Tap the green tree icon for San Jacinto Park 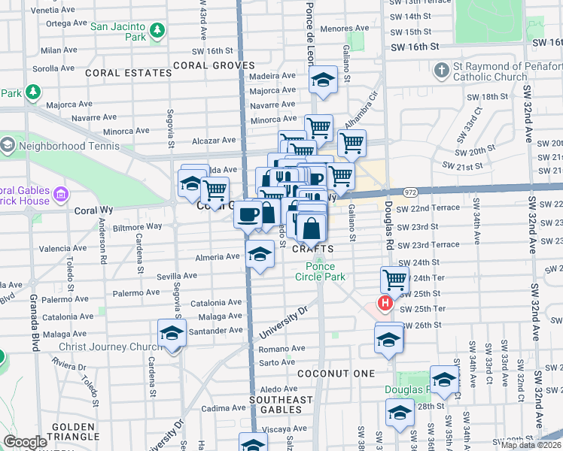coord(157,31)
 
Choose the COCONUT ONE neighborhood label coord(336,374)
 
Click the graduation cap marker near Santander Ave coord(172,333)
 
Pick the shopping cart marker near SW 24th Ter coord(394,280)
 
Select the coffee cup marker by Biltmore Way coord(248,216)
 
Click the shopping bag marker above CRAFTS coord(311,225)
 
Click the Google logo coord(25,442)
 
